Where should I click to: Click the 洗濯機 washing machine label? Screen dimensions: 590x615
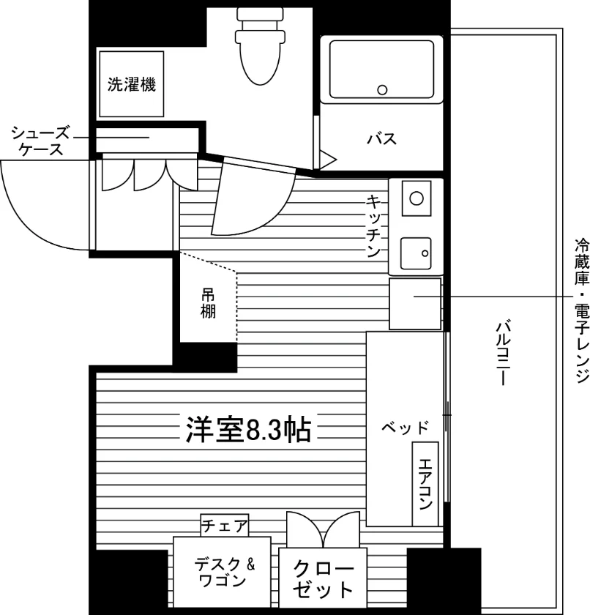click(132, 84)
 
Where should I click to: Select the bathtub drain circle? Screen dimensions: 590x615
click(382, 90)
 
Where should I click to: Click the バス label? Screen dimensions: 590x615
click(381, 138)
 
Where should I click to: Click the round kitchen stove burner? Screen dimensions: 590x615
click(417, 198)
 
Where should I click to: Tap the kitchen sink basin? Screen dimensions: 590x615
click(416, 253)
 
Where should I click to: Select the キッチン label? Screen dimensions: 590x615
click(373, 226)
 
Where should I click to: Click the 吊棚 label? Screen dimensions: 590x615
click(208, 303)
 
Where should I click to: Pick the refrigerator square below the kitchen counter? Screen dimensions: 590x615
click(415, 304)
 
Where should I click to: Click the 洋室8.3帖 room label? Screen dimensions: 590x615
click(249, 429)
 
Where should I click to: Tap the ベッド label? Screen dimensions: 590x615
click(406, 427)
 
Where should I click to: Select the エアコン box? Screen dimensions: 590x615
click(425, 484)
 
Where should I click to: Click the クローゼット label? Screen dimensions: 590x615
click(323, 579)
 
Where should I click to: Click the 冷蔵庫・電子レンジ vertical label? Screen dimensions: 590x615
click(582, 310)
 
